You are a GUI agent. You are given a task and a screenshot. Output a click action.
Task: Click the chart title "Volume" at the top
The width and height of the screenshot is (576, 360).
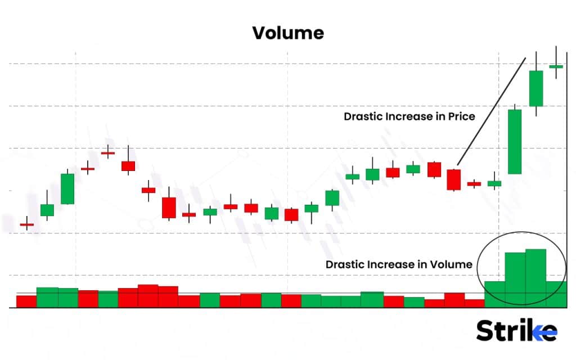pos(288,33)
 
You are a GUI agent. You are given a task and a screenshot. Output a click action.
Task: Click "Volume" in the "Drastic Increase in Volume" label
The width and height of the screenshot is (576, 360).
pos(453,264)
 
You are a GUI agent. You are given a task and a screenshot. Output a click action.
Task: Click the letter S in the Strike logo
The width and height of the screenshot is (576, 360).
pos(485,331)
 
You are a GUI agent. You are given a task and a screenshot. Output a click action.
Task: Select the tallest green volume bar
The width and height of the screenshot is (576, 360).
pos(535,278)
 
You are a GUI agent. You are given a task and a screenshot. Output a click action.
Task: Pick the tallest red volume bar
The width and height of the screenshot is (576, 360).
pos(148,296)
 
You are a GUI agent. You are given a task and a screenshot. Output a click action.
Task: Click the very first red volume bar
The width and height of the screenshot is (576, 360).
pos(26,301)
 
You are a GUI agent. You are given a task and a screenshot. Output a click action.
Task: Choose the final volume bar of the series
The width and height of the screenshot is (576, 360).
pos(556,294)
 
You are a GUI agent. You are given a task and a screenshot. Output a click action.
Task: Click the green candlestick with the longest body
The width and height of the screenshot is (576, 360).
pos(515,141)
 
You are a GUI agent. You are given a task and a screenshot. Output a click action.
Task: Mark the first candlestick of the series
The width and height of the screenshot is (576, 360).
pos(27,224)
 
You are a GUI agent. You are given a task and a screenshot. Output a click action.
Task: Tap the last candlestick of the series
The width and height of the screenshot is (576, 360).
pos(556,66)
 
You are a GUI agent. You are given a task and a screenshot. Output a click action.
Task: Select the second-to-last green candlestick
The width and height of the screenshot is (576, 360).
pos(536,88)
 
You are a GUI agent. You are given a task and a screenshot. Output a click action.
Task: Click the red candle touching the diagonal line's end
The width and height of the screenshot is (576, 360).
pos(454,179)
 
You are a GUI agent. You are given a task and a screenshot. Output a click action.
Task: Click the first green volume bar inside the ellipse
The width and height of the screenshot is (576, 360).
pos(494,294)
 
